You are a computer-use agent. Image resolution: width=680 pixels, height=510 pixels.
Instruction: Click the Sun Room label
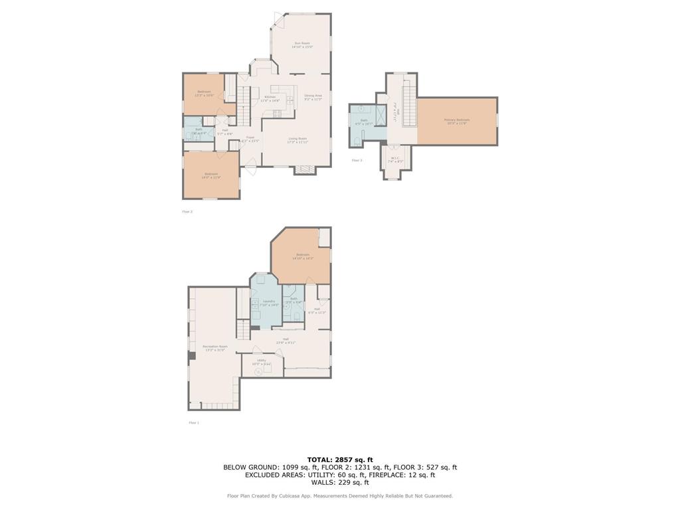click(x=302, y=45)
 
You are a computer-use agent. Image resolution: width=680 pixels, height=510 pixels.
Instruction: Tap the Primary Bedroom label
click(x=457, y=122)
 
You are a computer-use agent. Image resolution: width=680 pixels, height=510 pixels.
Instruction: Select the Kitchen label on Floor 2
click(x=270, y=98)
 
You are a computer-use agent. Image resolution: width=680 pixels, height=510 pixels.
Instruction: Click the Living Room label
click(x=297, y=140)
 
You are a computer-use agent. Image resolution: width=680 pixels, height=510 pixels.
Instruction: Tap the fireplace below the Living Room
click(x=305, y=170)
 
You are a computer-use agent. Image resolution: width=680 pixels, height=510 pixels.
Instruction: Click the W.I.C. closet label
click(x=396, y=159)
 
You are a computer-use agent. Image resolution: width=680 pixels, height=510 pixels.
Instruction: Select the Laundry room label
click(x=270, y=303)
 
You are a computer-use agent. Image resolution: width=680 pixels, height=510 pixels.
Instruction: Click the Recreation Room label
click(x=214, y=348)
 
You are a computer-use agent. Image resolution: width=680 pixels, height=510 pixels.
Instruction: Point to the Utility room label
click(x=262, y=362)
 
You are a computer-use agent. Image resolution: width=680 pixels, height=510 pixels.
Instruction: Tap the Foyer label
click(x=250, y=139)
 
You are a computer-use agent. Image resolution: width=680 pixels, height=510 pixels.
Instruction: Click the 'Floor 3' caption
click(x=357, y=160)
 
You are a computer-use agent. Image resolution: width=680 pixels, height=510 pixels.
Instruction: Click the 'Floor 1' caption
click(x=194, y=422)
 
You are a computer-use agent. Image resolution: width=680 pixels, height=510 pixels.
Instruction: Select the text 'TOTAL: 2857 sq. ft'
click(x=340, y=460)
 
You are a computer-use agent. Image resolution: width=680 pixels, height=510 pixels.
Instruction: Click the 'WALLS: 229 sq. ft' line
click(x=340, y=482)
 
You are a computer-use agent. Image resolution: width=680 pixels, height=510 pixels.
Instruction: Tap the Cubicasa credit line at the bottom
click(x=340, y=495)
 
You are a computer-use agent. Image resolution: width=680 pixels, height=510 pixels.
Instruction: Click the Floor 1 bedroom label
click(x=303, y=256)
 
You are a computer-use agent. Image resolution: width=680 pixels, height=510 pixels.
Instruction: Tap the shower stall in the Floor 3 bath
click(x=379, y=116)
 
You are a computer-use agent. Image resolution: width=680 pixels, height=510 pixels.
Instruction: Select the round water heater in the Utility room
click(x=258, y=372)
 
